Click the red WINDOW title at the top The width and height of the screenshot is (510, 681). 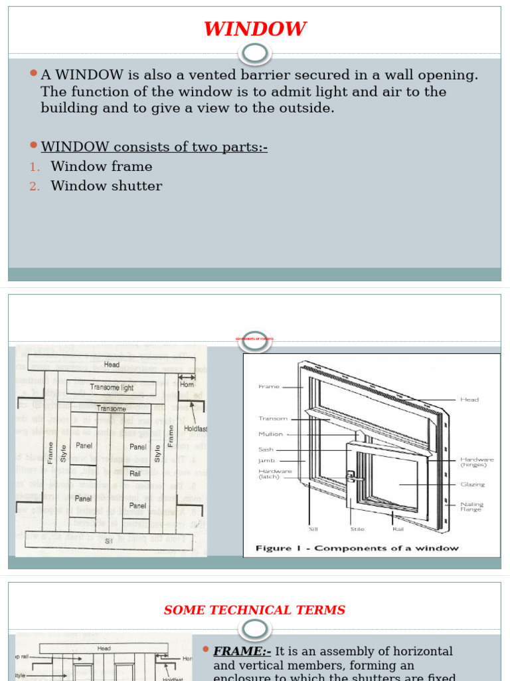click(254, 29)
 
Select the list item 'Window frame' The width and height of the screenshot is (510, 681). click(101, 167)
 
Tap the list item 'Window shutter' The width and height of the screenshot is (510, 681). click(106, 186)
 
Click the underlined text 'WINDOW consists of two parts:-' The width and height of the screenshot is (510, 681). click(154, 147)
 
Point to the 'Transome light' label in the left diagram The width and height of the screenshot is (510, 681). click(112, 387)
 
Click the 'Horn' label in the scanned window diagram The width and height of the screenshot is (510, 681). click(187, 384)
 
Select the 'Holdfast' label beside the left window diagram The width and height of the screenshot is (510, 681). click(196, 429)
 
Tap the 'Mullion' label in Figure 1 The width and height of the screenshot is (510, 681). click(270, 434)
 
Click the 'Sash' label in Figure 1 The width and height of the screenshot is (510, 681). click(266, 450)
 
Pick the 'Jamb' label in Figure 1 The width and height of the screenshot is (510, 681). click(266, 460)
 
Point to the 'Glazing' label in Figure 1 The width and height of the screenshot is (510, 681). click(472, 485)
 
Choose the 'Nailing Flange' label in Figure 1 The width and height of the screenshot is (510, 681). click(471, 507)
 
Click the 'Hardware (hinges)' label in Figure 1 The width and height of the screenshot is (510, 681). click(477, 462)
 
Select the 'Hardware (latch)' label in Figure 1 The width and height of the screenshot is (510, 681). click(274, 474)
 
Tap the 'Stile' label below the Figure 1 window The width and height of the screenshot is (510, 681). click(357, 530)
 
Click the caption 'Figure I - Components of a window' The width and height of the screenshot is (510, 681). click(357, 548)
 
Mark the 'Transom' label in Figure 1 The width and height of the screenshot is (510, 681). click(273, 419)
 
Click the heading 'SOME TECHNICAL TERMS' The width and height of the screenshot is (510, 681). click(254, 610)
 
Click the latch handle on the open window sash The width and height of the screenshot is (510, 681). click(353, 477)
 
